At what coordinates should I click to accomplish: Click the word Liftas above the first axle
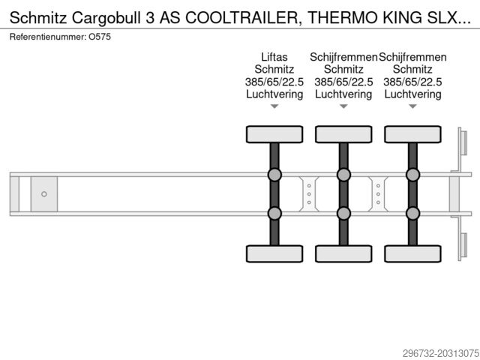(274, 57)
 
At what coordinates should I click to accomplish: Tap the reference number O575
(100, 37)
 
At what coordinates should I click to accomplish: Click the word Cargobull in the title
(107, 18)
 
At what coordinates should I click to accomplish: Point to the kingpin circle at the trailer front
(44, 194)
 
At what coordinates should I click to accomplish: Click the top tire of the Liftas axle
(274, 134)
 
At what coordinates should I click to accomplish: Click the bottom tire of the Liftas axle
(274, 253)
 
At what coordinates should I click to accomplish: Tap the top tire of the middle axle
(343, 134)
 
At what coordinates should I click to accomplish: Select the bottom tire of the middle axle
(343, 253)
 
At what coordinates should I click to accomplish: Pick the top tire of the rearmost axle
(413, 134)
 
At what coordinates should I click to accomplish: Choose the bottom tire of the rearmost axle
(413, 253)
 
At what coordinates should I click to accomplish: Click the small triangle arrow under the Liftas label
(274, 106)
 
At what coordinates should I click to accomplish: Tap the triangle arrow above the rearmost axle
(413, 106)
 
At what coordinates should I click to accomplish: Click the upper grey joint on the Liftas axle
(274, 175)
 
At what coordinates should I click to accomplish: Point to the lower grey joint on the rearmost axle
(413, 213)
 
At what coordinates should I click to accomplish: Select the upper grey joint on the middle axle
(343, 175)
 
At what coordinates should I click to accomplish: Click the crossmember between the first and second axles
(309, 194)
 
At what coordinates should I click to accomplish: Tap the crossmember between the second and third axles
(378, 194)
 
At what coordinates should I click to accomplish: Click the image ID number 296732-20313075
(441, 353)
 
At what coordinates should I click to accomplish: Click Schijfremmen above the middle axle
(343, 57)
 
